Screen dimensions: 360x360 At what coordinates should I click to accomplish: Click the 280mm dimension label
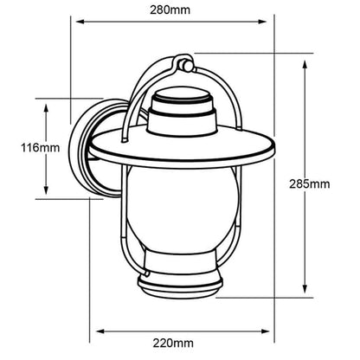170,10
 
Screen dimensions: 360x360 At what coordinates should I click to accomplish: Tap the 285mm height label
310,183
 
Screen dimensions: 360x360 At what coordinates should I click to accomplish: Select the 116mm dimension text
40,148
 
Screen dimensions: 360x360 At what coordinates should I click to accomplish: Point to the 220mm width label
173,343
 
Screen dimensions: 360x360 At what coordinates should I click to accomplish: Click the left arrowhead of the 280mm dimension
80,22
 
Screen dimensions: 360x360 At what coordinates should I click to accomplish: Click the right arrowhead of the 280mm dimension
262,22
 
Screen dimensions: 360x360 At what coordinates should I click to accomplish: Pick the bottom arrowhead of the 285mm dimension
305,289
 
